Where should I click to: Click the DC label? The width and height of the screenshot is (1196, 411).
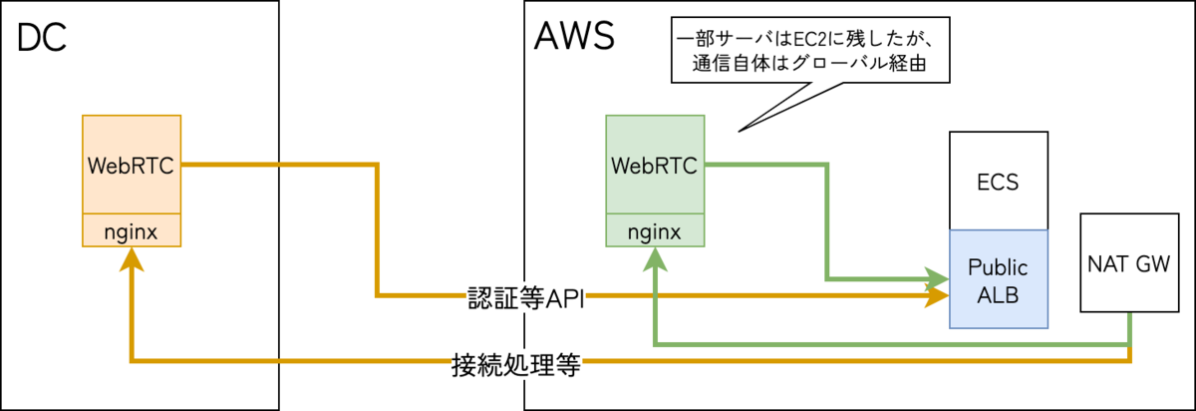point(43,39)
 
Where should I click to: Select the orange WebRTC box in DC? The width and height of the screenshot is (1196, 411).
point(132,165)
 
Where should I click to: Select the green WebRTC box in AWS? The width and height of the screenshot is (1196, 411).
point(655,165)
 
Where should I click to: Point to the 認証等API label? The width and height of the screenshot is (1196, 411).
point(525,297)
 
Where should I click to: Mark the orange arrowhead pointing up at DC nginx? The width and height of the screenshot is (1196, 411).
point(132,258)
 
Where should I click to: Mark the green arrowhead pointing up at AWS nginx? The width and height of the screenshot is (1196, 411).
point(655,258)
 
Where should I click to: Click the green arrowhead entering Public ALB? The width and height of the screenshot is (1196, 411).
point(937,276)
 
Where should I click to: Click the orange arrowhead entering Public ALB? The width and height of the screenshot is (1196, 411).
point(937,295)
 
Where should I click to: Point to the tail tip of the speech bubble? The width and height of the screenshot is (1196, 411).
point(739,132)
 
